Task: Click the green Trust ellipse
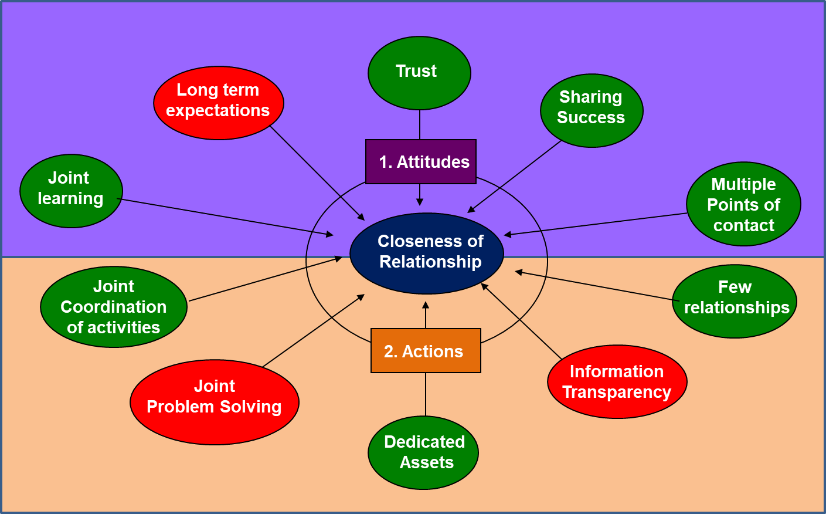click(419, 73)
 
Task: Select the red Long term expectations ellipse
click(219, 103)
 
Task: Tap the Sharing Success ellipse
click(592, 110)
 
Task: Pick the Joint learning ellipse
click(71, 191)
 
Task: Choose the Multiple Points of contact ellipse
click(743, 204)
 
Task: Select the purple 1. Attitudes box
click(421, 162)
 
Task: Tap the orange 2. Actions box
click(426, 351)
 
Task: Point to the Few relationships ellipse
click(735, 301)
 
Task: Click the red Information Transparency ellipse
click(617, 382)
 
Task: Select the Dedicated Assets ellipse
click(423, 452)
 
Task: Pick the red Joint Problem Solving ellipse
click(215, 403)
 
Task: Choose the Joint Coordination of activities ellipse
click(114, 307)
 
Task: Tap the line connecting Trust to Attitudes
click(420, 124)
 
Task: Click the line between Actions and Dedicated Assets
click(426, 394)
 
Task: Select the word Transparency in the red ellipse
click(617, 392)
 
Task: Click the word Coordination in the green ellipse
click(114, 307)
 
